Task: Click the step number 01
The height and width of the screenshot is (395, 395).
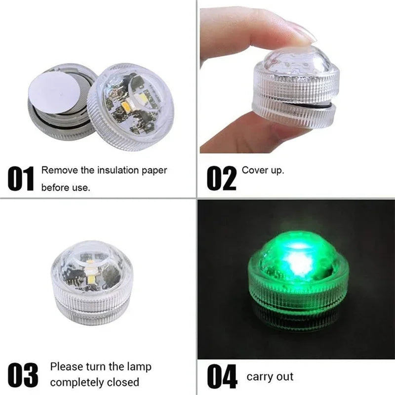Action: pyautogui.click(x=21, y=179)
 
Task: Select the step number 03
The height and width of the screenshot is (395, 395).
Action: pyautogui.click(x=23, y=375)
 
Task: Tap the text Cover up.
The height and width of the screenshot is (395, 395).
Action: pyautogui.click(x=263, y=170)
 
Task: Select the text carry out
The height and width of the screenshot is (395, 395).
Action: pyautogui.click(x=270, y=377)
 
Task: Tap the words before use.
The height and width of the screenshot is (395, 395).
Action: pyautogui.click(x=66, y=188)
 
